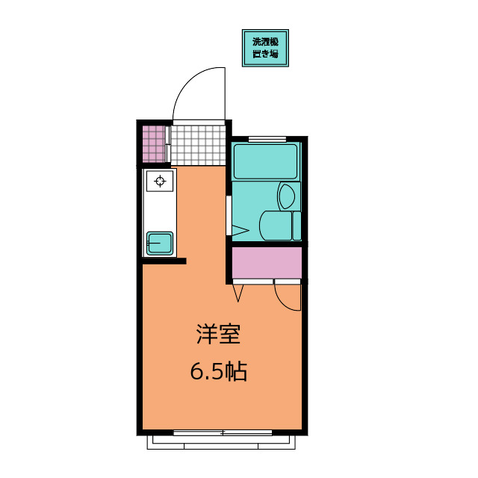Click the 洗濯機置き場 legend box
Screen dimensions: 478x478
click(x=265, y=48)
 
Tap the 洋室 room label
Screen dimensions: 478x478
click(x=219, y=335)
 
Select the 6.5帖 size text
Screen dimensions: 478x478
click(x=219, y=371)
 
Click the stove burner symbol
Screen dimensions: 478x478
click(x=160, y=181)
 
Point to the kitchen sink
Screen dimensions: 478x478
click(x=160, y=243)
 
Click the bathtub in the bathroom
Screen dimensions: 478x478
click(x=265, y=161)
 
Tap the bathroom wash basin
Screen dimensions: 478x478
click(x=286, y=196)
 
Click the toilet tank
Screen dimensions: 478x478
click(x=297, y=226)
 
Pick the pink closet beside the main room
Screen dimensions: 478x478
click(x=267, y=262)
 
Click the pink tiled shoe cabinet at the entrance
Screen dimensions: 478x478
click(x=154, y=144)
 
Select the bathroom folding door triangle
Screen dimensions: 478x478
click(x=240, y=230)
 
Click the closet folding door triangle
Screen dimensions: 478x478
click(x=238, y=293)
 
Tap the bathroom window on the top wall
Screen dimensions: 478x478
click(x=267, y=140)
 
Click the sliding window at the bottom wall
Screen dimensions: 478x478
click(x=223, y=432)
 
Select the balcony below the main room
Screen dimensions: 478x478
click(x=221, y=442)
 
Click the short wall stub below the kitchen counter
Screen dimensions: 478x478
click(x=164, y=261)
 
